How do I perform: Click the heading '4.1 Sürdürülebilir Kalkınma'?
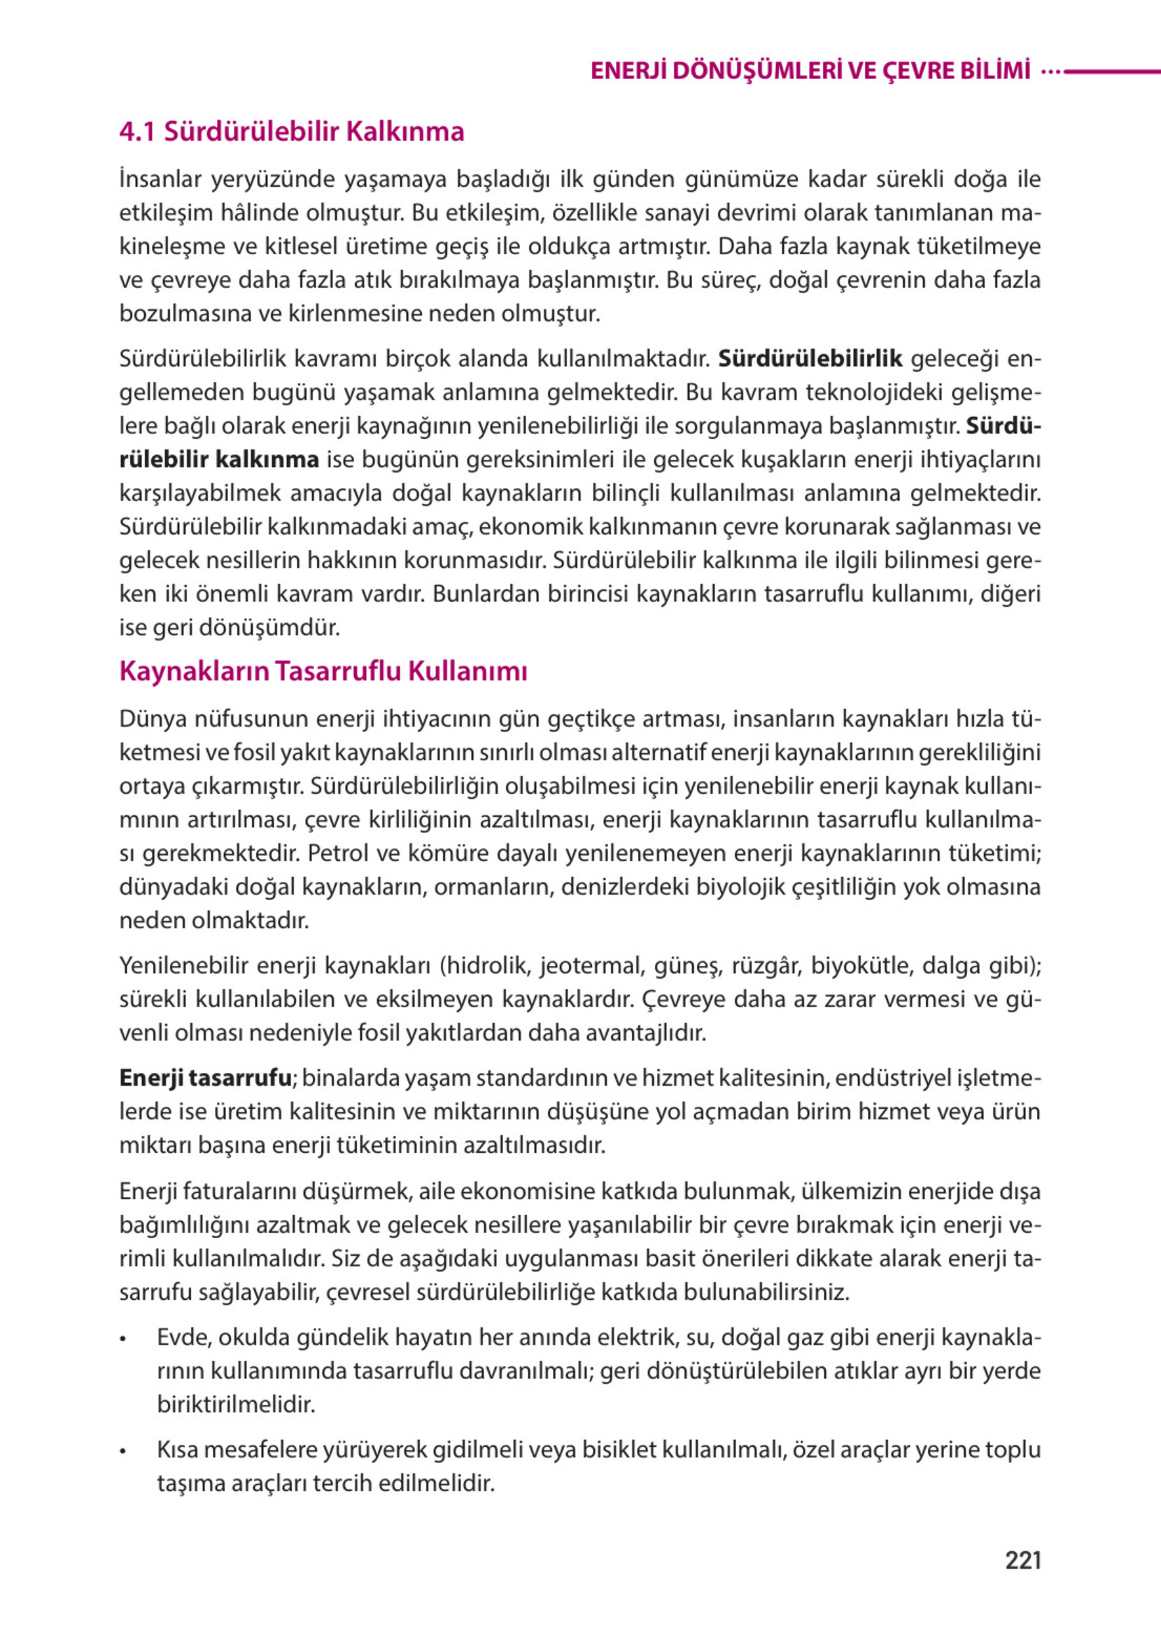click(x=292, y=132)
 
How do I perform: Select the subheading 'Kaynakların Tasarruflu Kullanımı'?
click(x=323, y=671)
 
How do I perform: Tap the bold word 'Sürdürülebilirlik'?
click(x=810, y=358)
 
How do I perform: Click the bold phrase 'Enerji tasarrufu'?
click(x=205, y=1077)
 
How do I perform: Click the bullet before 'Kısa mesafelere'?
click(x=124, y=1452)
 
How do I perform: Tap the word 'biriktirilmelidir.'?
click(x=236, y=1404)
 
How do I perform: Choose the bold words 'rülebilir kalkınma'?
click(x=219, y=460)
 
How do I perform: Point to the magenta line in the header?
click(x=1112, y=71)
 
